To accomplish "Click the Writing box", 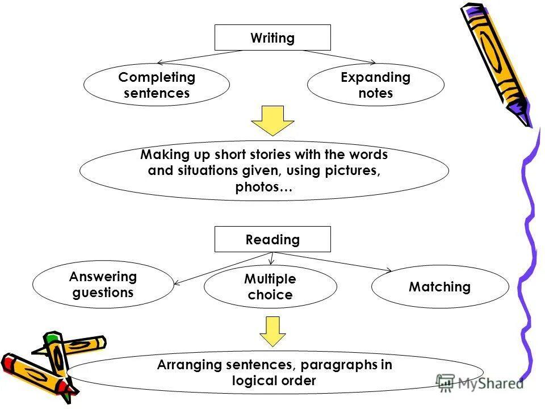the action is coord(272,38).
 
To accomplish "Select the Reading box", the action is coord(272,239).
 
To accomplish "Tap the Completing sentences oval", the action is coord(157,85).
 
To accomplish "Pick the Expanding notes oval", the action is coord(375,85).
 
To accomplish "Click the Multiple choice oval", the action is coord(270,287).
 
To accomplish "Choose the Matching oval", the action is coord(440,287).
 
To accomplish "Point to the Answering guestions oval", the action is coord(103,285).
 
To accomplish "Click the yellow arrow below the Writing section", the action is coord(273,120).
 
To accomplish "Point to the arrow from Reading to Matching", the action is coord(335,261).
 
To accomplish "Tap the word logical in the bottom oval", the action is coord(254,381).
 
